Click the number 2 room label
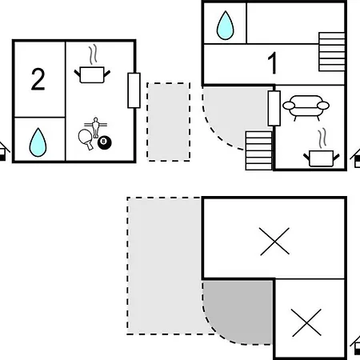[x=38, y=79]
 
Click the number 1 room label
[x=273, y=63]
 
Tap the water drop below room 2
[x=38, y=142]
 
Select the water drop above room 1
[x=226, y=26]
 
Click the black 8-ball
[x=104, y=142]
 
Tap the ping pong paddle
[x=86, y=139]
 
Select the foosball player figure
[x=95, y=127]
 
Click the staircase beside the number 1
[x=332, y=52]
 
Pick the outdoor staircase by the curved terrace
[x=258, y=150]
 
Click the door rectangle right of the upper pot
[x=134, y=90]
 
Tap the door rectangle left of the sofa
[x=274, y=108]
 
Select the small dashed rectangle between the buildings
[x=169, y=122]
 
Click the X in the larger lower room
[x=274, y=242]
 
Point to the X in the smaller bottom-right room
[x=306, y=322]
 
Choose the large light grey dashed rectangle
[x=164, y=266]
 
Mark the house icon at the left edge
[x=3, y=151]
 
